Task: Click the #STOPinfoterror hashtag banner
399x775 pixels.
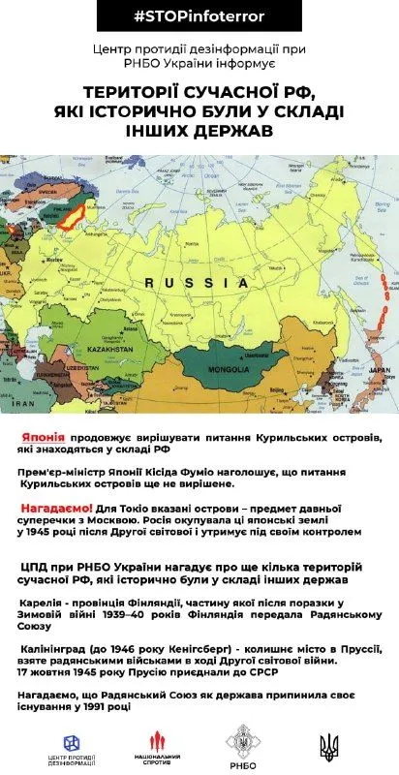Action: point(199,17)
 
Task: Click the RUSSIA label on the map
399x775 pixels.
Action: point(194,282)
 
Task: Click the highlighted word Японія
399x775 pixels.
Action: point(44,438)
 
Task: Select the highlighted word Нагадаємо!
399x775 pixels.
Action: point(56,508)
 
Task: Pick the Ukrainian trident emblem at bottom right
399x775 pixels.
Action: point(330,745)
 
